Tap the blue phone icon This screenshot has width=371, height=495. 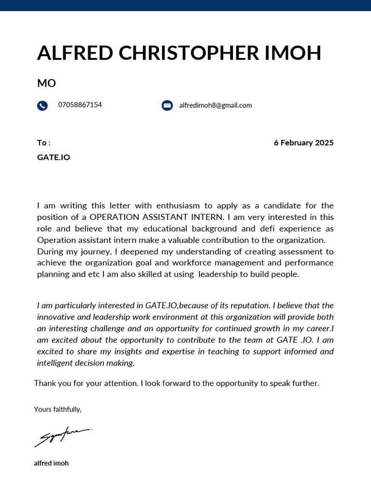pyautogui.click(x=42, y=105)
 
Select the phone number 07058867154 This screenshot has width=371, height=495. pyautogui.click(x=80, y=105)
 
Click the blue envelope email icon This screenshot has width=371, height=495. pyautogui.click(x=167, y=105)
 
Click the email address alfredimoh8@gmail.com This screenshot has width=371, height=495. pyautogui.click(x=215, y=105)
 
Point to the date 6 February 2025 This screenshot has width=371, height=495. pyautogui.click(x=303, y=143)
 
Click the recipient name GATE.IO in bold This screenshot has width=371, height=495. pyautogui.click(x=53, y=158)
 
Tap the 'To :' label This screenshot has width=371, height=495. pyautogui.click(x=43, y=143)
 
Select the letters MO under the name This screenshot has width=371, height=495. pyautogui.click(x=46, y=83)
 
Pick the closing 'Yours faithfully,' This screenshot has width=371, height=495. pyautogui.click(x=57, y=409)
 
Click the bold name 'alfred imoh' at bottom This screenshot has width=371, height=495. pyautogui.click(x=51, y=463)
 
